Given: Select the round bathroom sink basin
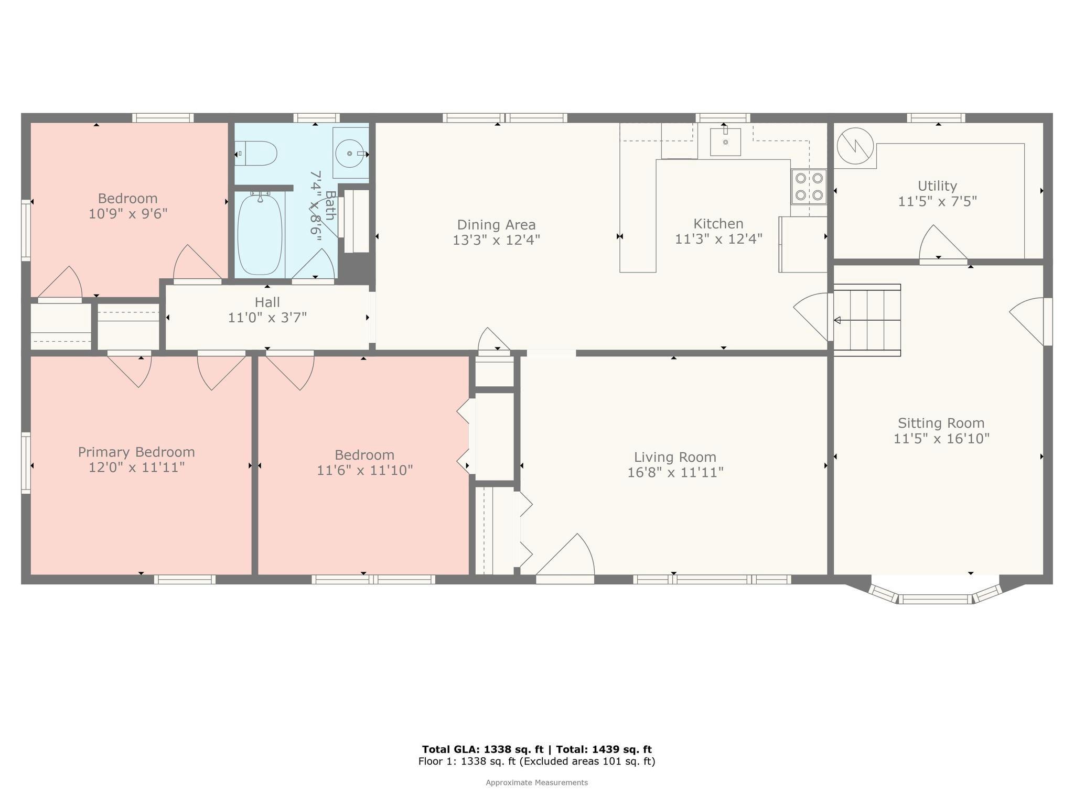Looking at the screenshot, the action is tap(350, 154).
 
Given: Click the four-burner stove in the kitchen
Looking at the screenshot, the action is tap(809, 187).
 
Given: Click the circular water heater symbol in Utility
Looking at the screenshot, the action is tap(855, 146).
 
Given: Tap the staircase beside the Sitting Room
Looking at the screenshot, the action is tap(867, 320).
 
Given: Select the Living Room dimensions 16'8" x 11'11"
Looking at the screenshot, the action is tap(675, 473).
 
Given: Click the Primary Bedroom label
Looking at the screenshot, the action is tap(136, 452).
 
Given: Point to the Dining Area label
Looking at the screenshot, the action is tap(497, 225).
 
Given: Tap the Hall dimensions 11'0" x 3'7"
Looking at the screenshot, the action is tap(267, 318).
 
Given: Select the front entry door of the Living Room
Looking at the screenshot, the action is tap(565, 558).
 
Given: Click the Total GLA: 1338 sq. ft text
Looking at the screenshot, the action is tap(482, 749).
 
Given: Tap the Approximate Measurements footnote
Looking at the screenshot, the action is tap(536, 782).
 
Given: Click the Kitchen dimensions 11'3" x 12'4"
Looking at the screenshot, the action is tap(718, 239).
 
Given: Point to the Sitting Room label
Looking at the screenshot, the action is tap(941, 423).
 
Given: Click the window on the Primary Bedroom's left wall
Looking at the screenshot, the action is tap(26, 463).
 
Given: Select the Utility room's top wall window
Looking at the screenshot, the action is tap(936, 118).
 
